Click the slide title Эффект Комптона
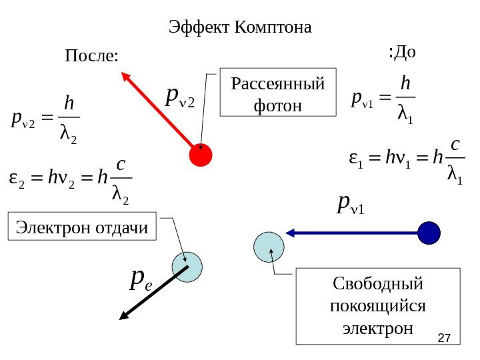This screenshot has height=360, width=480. pyautogui.click(x=240, y=28)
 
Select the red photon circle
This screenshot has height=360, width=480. pyautogui.click(x=200, y=155)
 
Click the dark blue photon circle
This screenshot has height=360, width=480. pyautogui.click(x=429, y=233)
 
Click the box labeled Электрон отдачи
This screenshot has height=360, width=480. pyautogui.click(x=81, y=227)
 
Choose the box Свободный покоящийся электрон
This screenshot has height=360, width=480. pyautogui.click(x=377, y=306)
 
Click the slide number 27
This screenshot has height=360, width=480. pyautogui.click(x=444, y=340)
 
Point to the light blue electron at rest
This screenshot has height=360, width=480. pyautogui.click(x=269, y=247)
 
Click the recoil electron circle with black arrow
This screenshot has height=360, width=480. pyautogui.click(x=186, y=267)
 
